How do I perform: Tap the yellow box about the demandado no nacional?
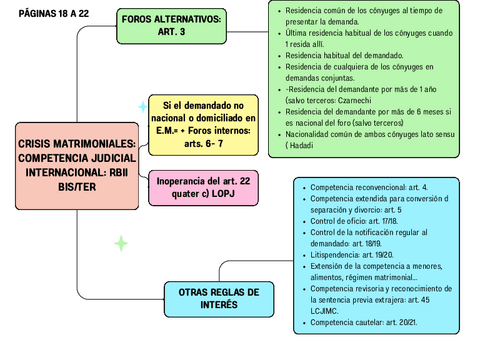click(203, 124)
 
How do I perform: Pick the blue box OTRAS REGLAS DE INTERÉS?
click(217, 298)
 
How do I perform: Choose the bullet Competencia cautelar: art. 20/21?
click(364, 323)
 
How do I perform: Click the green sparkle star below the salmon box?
click(121, 243)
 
